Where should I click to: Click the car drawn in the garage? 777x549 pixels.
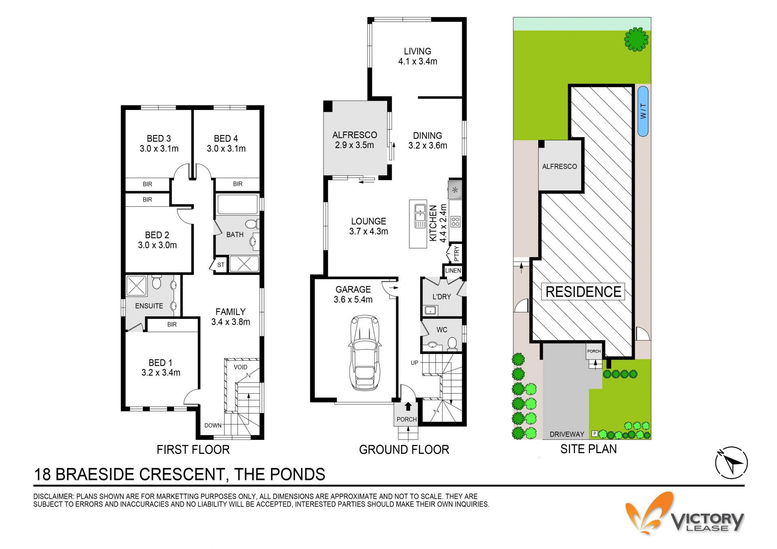point(365,353)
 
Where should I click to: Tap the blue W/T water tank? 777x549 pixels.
point(643,111)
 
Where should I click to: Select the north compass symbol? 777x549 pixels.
point(731,463)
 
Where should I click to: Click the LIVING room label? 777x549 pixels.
point(418,51)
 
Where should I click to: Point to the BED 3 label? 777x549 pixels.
point(159,138)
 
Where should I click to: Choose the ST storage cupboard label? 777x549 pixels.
point(221,265)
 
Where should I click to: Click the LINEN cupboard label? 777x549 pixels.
point(453,271)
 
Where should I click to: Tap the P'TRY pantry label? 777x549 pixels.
point(456,253)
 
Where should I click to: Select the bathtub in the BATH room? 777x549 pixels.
point(238,204)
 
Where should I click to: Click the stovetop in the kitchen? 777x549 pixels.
point(455,221)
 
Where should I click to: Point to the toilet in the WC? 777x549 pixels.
point(452,344)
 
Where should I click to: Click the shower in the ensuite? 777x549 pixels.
point(137,286)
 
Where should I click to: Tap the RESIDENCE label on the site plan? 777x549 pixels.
point(583,292)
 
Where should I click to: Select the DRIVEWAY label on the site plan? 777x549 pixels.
point(567,434)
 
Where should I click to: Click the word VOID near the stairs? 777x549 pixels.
point(240,367)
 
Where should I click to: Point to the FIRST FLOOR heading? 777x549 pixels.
point(193,449)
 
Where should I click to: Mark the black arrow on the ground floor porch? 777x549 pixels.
point(408,406)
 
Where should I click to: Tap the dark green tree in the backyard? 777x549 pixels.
point(636,39)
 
